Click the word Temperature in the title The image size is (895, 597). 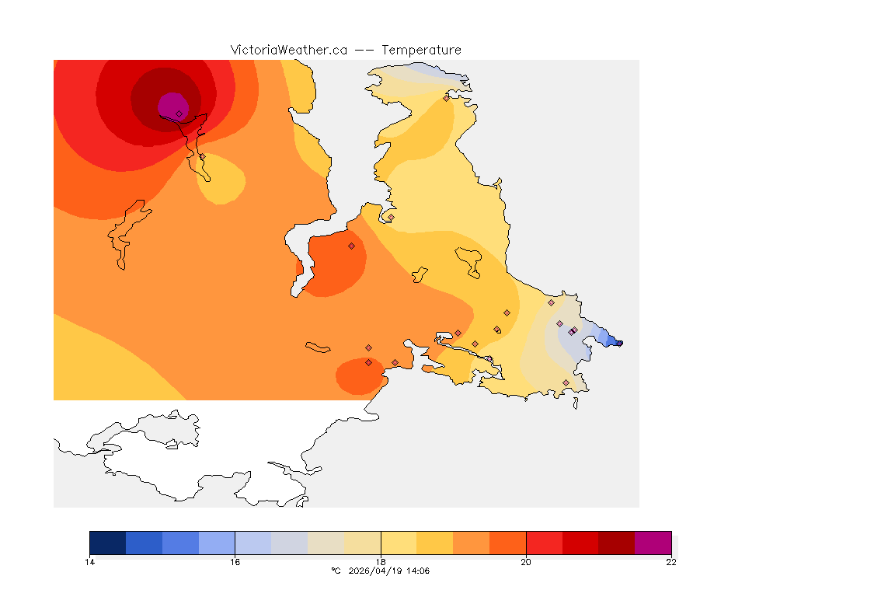[x=420, y=50]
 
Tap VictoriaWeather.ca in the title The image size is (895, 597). [x=288, y=50]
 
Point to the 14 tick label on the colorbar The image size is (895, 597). [x=90, y=562]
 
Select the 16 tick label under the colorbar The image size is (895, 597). [x=235, y=562]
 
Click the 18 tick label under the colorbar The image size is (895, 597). [x=381, y=562]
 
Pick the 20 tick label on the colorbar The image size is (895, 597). [x=526, y=562]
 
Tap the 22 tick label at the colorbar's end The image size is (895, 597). [x=671, y=562]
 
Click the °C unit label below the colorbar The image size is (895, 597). [x=336, y=571]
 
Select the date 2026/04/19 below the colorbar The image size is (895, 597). [x=378, y=571]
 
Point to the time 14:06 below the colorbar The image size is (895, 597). [x=419, y=571]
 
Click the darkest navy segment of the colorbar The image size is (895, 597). [x=108, y=542]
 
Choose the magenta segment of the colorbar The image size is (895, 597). [x=653, y=542]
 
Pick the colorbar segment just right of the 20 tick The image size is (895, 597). [x=544, y=542]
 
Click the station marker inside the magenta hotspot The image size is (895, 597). [x=179, y=113]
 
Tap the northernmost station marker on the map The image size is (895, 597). [x=446, y=98]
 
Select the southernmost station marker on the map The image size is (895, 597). [x=566, y=382]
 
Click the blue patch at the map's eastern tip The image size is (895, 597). [x=610, y=339]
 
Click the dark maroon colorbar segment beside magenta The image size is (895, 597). [x=617, y=542]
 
